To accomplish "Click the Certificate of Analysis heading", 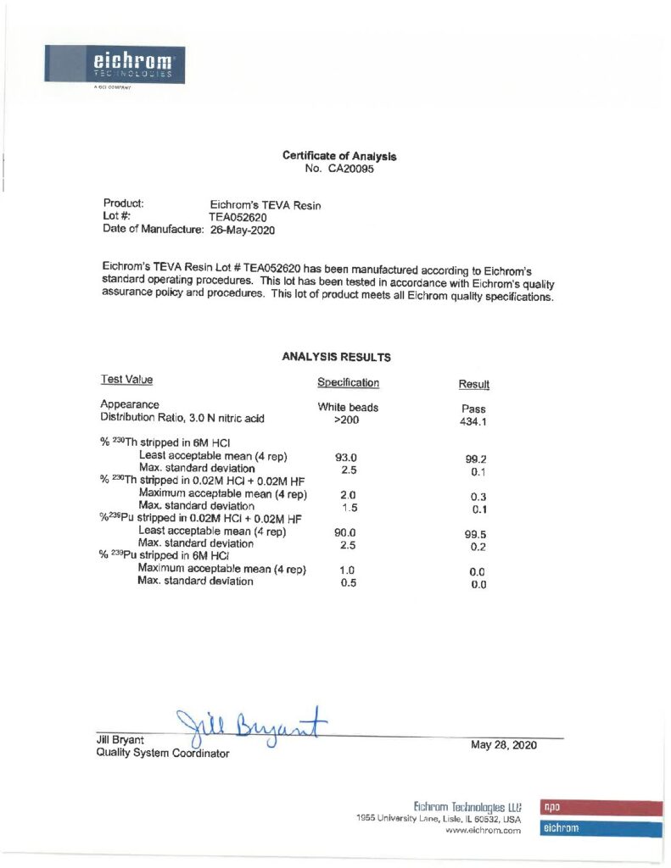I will coord(338,156).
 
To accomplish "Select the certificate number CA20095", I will coord(338,169).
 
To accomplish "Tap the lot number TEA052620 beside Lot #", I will coord(238,218).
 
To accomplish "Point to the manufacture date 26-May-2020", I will coord(243,230).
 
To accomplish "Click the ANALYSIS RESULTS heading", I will coord(336,358).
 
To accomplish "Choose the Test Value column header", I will coord(126,380).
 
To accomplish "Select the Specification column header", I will coord(348,383).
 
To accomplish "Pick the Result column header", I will coord(473,385).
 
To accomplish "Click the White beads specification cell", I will coord(348,408).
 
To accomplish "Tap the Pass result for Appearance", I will coord(473,409).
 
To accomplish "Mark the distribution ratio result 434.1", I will coord(473,422).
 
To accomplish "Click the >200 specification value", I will coord(348,420).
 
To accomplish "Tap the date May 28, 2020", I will coord(504,745).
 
